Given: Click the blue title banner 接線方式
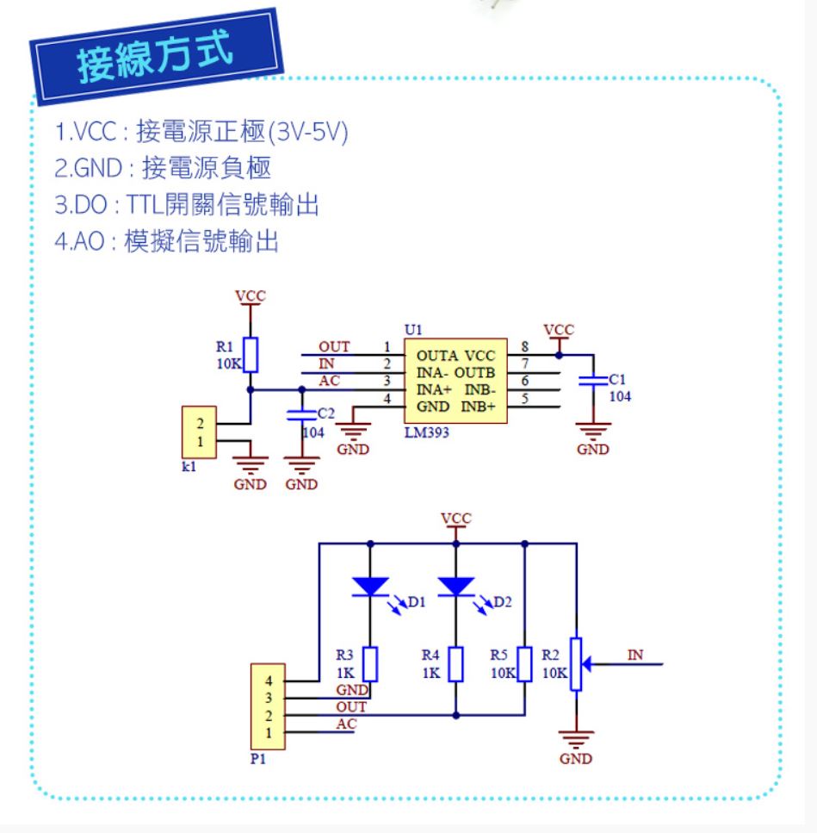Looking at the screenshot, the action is click(157, 56).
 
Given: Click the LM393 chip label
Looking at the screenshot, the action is click(427, 432).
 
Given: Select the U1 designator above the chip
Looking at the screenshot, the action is click(413, 330).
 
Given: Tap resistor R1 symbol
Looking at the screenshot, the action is click(251, 354).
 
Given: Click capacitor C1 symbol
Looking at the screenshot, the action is click(593, 380).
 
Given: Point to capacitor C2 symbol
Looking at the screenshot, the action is click(301, 415).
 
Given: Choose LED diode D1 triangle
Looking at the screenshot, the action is click(370, 587).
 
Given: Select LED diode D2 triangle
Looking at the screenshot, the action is click(456, 587).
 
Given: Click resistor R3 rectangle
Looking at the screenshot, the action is click(370, 664).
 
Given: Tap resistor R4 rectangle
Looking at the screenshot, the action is click(456, 664).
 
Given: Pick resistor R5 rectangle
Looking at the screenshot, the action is click(524, 664).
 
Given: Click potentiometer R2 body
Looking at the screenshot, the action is click(576, 664).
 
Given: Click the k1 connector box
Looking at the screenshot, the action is click(199, 432).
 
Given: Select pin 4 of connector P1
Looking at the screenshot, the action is click(269, 681).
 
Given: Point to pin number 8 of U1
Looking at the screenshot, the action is click(524, 347).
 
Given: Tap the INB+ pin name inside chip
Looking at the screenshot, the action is click(478, 407).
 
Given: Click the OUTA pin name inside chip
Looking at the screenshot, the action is click(436, 356).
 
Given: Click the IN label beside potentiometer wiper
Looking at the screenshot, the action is click(635, 655).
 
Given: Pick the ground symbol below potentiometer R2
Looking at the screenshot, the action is click(576, 739).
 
